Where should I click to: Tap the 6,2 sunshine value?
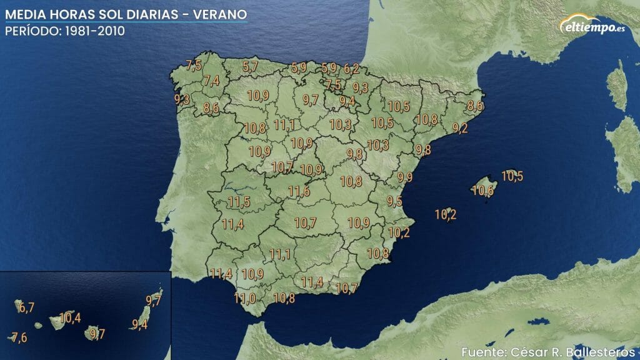352,69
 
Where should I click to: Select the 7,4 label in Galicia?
211,80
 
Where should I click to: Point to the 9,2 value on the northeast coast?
460,128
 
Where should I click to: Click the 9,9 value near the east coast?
405,177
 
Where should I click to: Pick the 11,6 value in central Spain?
299,191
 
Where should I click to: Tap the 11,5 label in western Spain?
239,202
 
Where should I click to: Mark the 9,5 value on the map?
394,201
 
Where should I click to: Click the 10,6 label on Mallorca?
482,191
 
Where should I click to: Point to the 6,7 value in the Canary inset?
26,307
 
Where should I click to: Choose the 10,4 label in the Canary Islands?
69,317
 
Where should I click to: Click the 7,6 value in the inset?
19,337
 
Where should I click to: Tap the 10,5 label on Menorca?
512,176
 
